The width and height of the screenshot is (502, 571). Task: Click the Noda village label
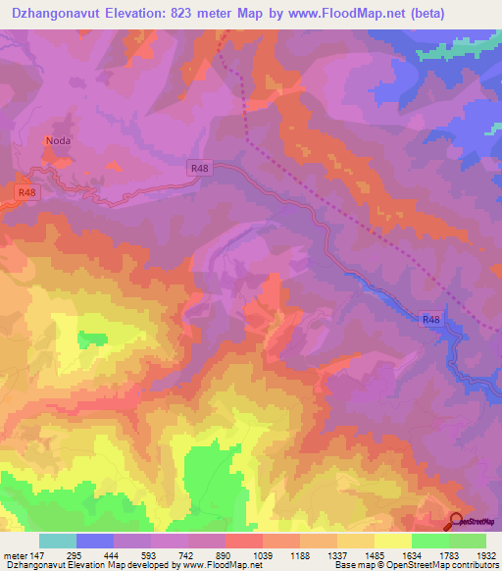(59, 140)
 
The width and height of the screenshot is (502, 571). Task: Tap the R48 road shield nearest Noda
(27, 193)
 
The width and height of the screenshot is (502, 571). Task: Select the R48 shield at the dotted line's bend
(200, 169)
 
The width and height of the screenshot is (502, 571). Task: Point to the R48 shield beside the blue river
(431, 319)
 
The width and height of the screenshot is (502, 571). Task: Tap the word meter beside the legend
(14, 555)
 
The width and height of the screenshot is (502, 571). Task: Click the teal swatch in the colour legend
(58, 541)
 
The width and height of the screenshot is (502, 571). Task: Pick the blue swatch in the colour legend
(95, 541)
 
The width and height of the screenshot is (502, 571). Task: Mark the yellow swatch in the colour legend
(393, 541)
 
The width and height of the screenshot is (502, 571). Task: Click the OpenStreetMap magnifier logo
(457, 521)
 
